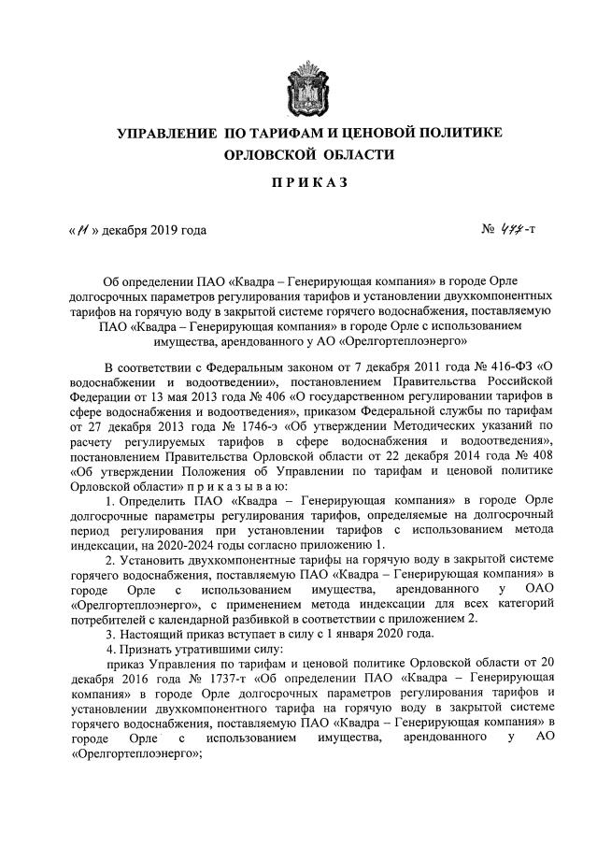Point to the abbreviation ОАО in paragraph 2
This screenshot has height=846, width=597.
tap(542, 588)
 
